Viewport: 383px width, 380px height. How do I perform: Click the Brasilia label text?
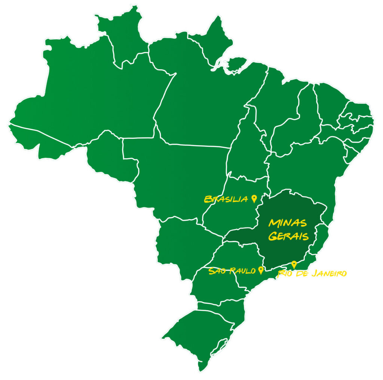pyautogui.click(x=226, y=199)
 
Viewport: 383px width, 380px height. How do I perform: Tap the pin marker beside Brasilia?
pyautogui.click(x=254, y=198)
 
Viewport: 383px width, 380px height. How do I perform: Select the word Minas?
pyautogui.click(x=288, y=223)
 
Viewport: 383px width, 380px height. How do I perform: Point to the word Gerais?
pyautogui.click(x=288, y=236)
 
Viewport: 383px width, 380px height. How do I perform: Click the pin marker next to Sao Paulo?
pyautogui.click(x=261, y=270)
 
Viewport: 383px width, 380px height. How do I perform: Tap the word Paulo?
pyautogui.click(x=243, y=271)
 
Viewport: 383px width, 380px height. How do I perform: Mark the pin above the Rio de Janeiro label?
pyautogui.click(x=294, y=264)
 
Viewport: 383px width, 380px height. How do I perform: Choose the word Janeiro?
pyautogui.click(x=329, y=273)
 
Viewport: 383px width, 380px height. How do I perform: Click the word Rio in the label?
pyautogui.click(x=284, y=274)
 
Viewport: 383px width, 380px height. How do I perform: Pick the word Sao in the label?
pyautogui.click(x=217, y=271)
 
